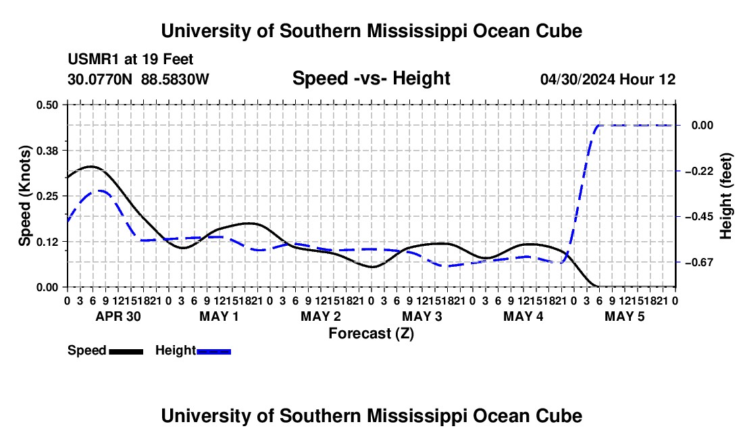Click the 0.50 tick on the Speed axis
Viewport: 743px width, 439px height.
(47, 105)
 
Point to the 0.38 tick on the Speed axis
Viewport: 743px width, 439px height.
(47, 151)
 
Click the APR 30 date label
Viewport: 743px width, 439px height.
(118, 316)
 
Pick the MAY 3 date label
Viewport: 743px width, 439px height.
(421, 316)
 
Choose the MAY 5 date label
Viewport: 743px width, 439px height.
(625, 316)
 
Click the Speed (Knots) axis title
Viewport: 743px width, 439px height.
(24, 196)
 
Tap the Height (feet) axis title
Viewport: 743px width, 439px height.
(725, 196)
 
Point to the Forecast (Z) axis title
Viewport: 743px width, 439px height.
(371, 334)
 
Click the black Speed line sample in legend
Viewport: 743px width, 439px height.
(126, 351)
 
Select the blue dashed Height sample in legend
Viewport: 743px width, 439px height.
(213, 351)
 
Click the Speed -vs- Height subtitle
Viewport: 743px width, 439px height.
(371, 78)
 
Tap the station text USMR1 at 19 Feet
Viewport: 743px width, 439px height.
(130, 59)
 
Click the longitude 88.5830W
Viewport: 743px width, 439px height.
(175, 79)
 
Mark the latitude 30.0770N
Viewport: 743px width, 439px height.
(99, 79)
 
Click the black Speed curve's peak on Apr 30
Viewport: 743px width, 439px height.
(91, 167)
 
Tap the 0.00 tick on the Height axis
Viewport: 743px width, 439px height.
(702, 126)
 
